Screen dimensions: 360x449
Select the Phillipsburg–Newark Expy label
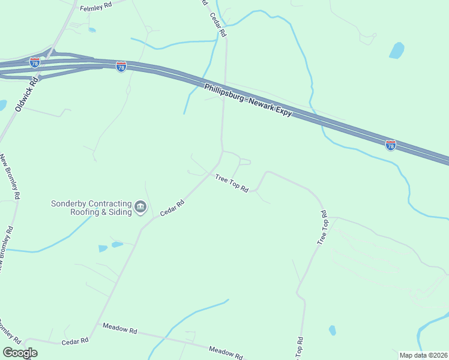pyautogui.click(x=247, y=100)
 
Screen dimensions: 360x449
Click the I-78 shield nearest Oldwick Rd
pyautogui.click(x=35, y=62)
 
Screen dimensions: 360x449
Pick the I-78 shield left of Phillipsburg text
pyautogui.click(x=121, y=67)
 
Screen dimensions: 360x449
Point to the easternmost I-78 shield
pyautogui.click(x=390, y=145)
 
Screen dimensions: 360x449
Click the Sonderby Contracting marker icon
pyautogui.click(x=141, y=208)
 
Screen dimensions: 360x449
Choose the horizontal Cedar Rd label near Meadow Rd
pyautogui.click(x=75, y=341)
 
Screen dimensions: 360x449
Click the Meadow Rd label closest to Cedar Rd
pyautogui.click(x=120, y=329)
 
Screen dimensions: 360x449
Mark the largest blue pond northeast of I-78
pyautogui.click(x=397, y=50)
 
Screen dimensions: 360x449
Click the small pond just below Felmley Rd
pyautogui.click(x=92, y=29)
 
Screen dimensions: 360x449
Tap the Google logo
pyautogui.click(x=20, y=352)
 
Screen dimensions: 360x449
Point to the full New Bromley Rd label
pyautogui.click(x=10, y=178)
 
